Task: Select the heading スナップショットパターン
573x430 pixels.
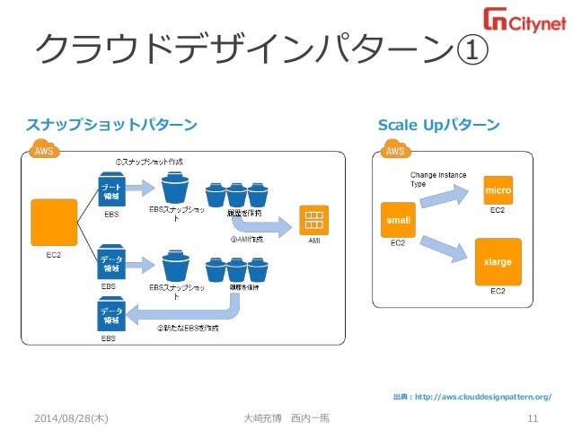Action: (x=111, y=123)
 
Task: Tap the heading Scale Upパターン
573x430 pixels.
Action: (x=438, y=123)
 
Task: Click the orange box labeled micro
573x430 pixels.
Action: (x=498, y=190)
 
